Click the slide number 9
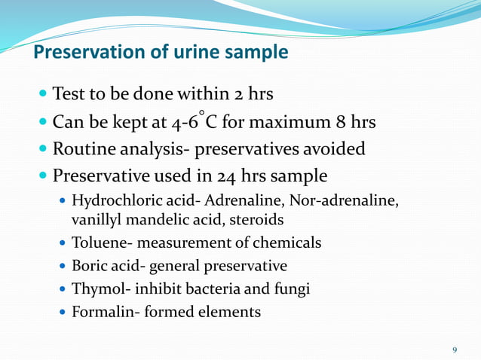point(455,349)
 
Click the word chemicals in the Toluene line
point(290,243)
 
